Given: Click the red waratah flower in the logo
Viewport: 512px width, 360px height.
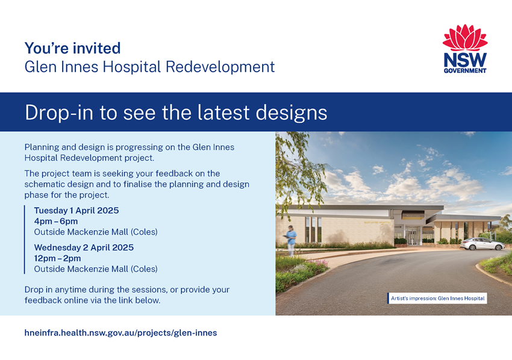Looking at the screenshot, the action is (x=465, y=37).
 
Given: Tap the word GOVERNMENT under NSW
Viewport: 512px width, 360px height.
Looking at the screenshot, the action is (x=465, y=70).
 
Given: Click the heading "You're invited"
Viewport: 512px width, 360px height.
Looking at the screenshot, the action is (x=72, y=48).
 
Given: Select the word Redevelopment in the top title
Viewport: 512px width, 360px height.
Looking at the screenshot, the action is (x=220, y=67).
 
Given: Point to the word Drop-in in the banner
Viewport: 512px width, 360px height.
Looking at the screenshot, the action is (x=59, y=113).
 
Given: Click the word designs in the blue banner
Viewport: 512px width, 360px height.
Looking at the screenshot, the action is (x=292, y=113).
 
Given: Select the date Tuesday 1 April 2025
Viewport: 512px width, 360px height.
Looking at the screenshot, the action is (x=76, y=211).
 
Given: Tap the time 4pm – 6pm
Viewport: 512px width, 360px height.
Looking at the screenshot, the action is (x=56, y=222).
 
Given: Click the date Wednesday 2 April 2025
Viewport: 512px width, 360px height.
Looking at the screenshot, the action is (x=84, y=247).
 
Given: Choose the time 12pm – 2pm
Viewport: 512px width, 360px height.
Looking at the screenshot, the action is (x=57, y=258).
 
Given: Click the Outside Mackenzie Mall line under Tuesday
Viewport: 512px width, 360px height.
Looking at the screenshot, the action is (x=96, y=232).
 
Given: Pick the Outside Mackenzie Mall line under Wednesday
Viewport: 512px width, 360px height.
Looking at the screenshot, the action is (x=96, y=269).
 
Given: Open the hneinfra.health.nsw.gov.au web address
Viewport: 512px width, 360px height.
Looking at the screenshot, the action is (x=120, y=333).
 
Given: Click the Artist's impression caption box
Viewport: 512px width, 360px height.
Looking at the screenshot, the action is (x=437, y=299).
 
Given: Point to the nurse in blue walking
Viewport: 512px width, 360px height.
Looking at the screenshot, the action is (x=290, y=240).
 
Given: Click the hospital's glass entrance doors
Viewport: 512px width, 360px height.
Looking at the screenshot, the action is (x=412, y=235).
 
